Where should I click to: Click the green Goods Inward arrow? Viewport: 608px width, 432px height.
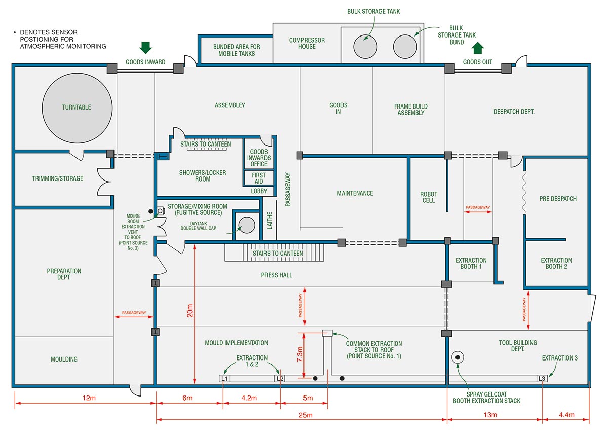click(x=145, y=48)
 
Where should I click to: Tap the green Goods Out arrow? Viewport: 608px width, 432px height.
click(x=477, y=48)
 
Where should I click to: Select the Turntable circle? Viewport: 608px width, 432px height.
click(x=77, y=107)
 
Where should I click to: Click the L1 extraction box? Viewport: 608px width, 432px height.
click(x=224, y=378)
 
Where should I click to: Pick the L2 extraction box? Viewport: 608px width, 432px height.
click(x=280, y=378)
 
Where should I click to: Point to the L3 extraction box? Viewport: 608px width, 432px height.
click(x=542, y=378)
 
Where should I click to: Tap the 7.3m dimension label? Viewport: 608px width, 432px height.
click(x=300, y=354)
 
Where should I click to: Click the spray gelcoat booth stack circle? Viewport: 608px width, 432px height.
click(x=458, y=358)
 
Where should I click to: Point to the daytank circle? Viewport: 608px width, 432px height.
click(x=246, y=225)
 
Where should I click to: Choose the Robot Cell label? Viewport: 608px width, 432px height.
click(x=428, y=197)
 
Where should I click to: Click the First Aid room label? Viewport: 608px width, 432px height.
click(x=259, y=178)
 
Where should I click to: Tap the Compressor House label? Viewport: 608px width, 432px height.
click(x=307, y=43)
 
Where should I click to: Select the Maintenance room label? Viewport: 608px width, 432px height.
click(x=355, y=193)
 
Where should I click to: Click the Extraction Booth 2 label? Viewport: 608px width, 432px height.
click(x=556, y=263)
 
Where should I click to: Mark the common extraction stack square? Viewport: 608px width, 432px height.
click(x=327, y=333)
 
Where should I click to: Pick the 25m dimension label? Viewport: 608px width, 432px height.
click(x=305, y=415)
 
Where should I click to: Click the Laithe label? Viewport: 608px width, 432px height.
click(x=270, y=221)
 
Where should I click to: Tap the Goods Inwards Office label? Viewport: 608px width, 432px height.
click(x=259, y=158)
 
